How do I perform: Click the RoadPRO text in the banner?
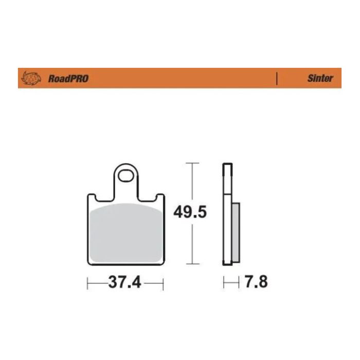[x=68, y=79]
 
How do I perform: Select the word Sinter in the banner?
[x=320, y=79]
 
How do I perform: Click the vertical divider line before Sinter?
[x=277, y=79]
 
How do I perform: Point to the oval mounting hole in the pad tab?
[x=125, y=177]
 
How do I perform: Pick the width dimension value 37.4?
[x=125, y=282]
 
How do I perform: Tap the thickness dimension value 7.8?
[x=256, y=282]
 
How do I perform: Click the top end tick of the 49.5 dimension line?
[x=192, y=163]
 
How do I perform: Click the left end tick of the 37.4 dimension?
[x=88, y=282]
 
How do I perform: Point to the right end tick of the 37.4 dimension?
[x=163, y=282]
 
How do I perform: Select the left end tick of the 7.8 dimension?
[x=223, y=282]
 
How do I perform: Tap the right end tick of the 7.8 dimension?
[x=239, y=282]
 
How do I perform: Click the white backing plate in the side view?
[x=226, y=216]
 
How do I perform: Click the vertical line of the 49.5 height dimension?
[x=192, y=242]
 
